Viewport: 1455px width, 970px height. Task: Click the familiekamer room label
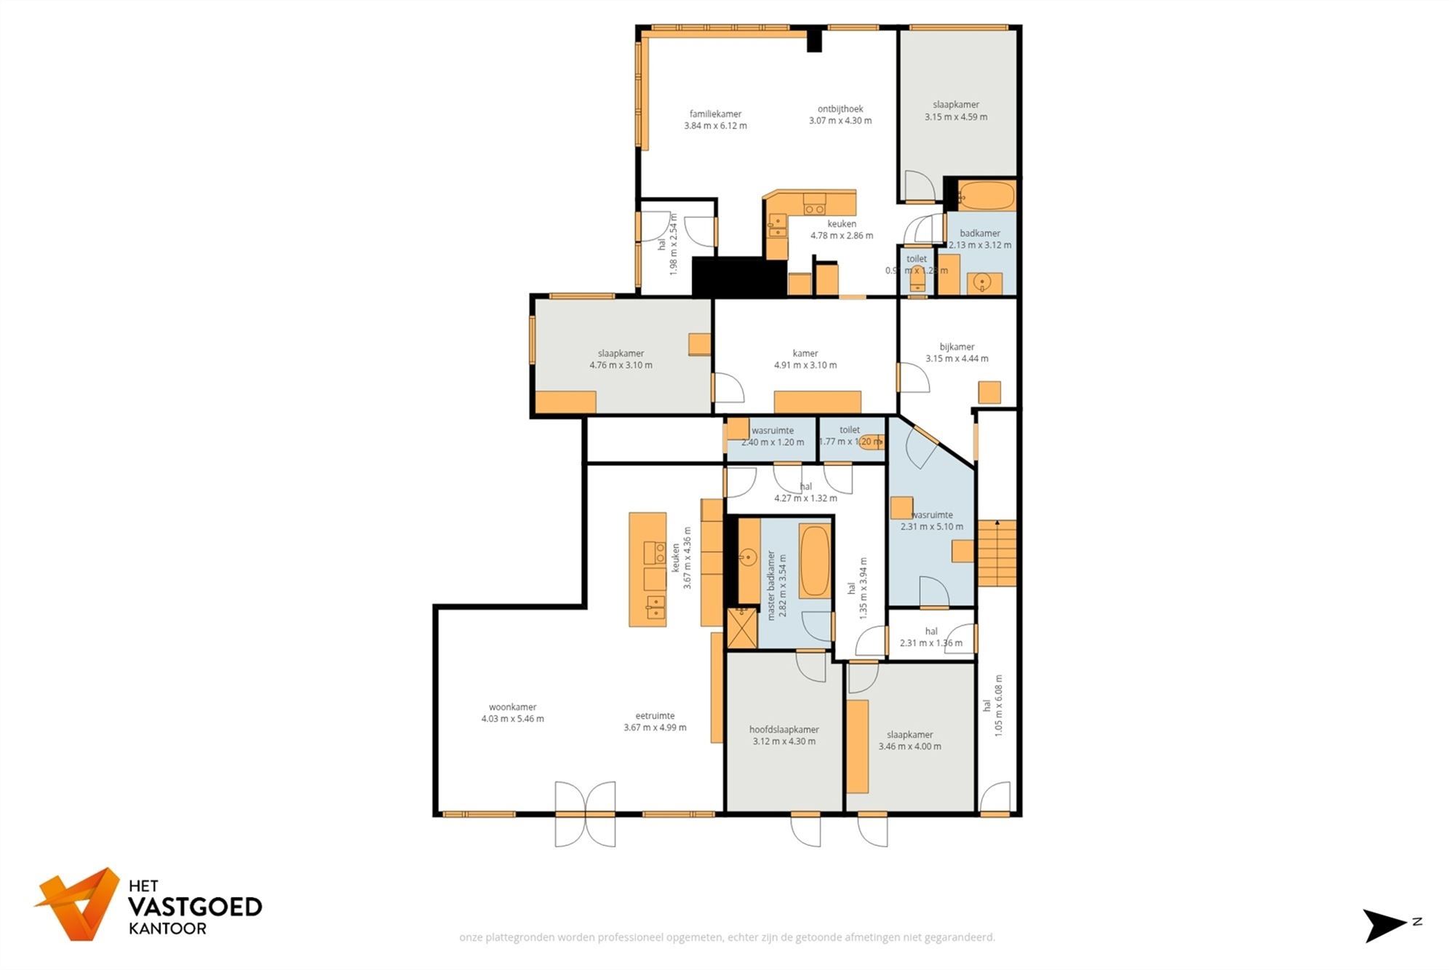[715, 114]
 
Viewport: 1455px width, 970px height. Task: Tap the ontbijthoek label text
[840, 109]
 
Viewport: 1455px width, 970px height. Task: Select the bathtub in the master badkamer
[814, 560]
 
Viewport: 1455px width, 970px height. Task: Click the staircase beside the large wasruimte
[996, 553]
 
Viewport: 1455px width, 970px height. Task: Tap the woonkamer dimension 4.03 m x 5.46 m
[512, 719]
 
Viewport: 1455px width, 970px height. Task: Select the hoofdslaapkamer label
[784, 730]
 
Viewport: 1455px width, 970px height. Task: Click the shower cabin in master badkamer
[742, 629]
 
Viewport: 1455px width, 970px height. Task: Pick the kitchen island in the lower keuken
[647, 569]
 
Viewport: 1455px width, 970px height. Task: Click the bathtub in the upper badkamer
[986, 196]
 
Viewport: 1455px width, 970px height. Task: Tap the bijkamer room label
[957, 347]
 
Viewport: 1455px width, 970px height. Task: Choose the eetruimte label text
[654, 716]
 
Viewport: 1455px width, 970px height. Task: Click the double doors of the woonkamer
[585, 814]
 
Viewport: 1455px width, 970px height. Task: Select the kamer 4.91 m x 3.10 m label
[805, 359]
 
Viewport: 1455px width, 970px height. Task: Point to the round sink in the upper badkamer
[983, 282]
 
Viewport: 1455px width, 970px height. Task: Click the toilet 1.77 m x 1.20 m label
[849, 436]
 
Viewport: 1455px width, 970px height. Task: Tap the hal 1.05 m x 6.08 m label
[992, 706]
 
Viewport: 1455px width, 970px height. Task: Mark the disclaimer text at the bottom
[727, 937]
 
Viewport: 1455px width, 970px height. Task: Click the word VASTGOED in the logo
[194, 907]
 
